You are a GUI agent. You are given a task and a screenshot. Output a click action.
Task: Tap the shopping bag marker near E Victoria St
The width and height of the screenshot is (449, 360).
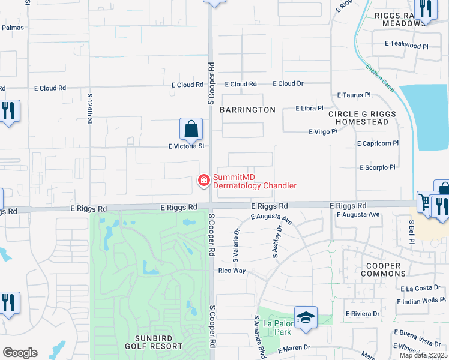191,128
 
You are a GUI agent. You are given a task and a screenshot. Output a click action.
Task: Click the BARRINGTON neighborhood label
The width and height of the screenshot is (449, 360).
247,110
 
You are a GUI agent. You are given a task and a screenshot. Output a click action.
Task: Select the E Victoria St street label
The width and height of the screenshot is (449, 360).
187,146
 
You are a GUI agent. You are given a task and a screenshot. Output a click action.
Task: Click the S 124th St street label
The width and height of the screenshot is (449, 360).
90,109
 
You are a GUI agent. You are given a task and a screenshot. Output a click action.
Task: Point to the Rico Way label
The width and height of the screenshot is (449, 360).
231,271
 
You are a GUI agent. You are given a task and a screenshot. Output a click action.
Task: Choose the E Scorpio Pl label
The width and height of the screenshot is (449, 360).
377,167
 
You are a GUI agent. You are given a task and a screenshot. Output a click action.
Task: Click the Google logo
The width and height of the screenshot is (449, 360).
20,353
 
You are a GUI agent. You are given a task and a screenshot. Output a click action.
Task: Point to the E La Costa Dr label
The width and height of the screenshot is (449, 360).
418,288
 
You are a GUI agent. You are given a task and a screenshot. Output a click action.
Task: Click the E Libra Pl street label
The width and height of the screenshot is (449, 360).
309,109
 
